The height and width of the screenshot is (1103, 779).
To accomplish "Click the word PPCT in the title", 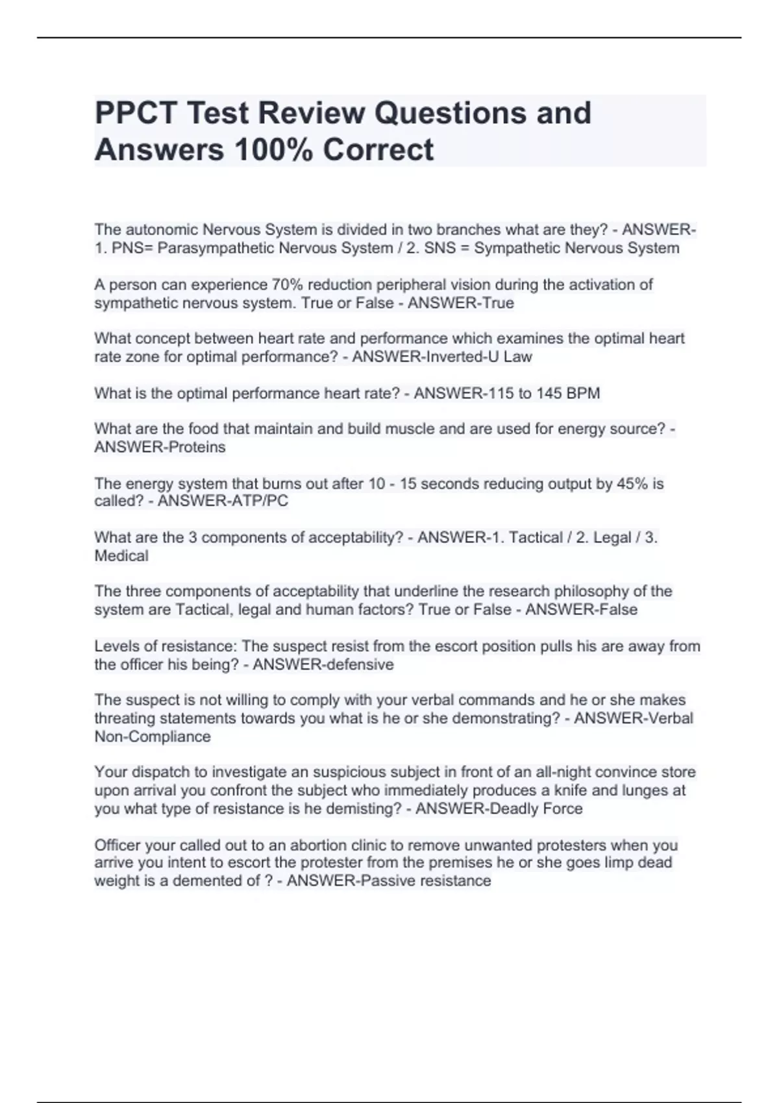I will pyautogui.click(x=135, y=113).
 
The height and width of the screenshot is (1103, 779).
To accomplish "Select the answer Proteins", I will pyautogui.click(x=196, y=447).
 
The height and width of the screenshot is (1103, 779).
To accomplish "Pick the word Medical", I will pyautogui.click(x=121, y=556).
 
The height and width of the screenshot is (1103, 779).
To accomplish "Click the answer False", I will pyautogui.click(x=615, y=610).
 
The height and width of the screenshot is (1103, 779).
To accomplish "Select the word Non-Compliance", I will pyautogui.click(x=153, y=736).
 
